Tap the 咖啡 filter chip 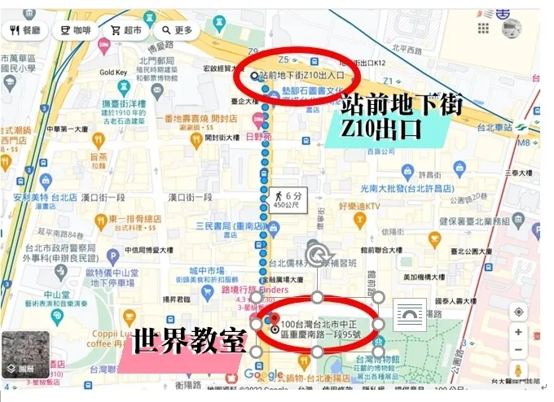[74, 31]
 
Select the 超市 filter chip [125, 31]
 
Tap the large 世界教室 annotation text [189, 340]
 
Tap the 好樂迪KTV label [359, 207]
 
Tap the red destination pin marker [275, 319]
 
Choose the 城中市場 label [205, 270]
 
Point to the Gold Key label [113, 72]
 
